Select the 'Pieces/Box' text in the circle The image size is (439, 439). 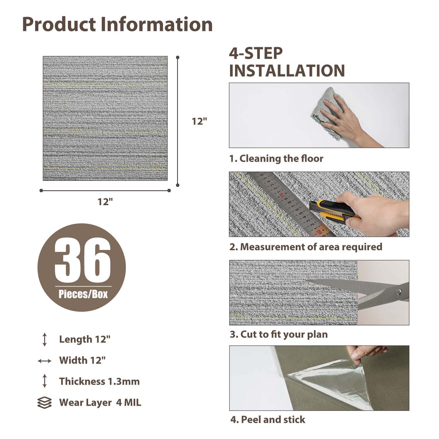click(83, 294)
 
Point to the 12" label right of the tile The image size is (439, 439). click(199, 121)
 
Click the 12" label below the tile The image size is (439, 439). click(105, 201)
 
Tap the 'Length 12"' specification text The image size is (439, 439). click(85, 339)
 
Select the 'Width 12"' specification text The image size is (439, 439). click(82, 360)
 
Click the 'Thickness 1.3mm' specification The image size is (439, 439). click(100, 381)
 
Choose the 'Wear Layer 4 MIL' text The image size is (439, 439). click(100, 402)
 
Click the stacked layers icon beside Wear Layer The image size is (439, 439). click(44, 403)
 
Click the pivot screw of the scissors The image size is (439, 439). click(398, 291)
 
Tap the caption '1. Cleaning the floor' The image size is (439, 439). click(276, 159)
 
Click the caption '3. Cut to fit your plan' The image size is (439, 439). click(279, 334)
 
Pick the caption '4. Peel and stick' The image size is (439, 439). click(267, 420)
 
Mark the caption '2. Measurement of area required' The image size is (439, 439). click(306, 247)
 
